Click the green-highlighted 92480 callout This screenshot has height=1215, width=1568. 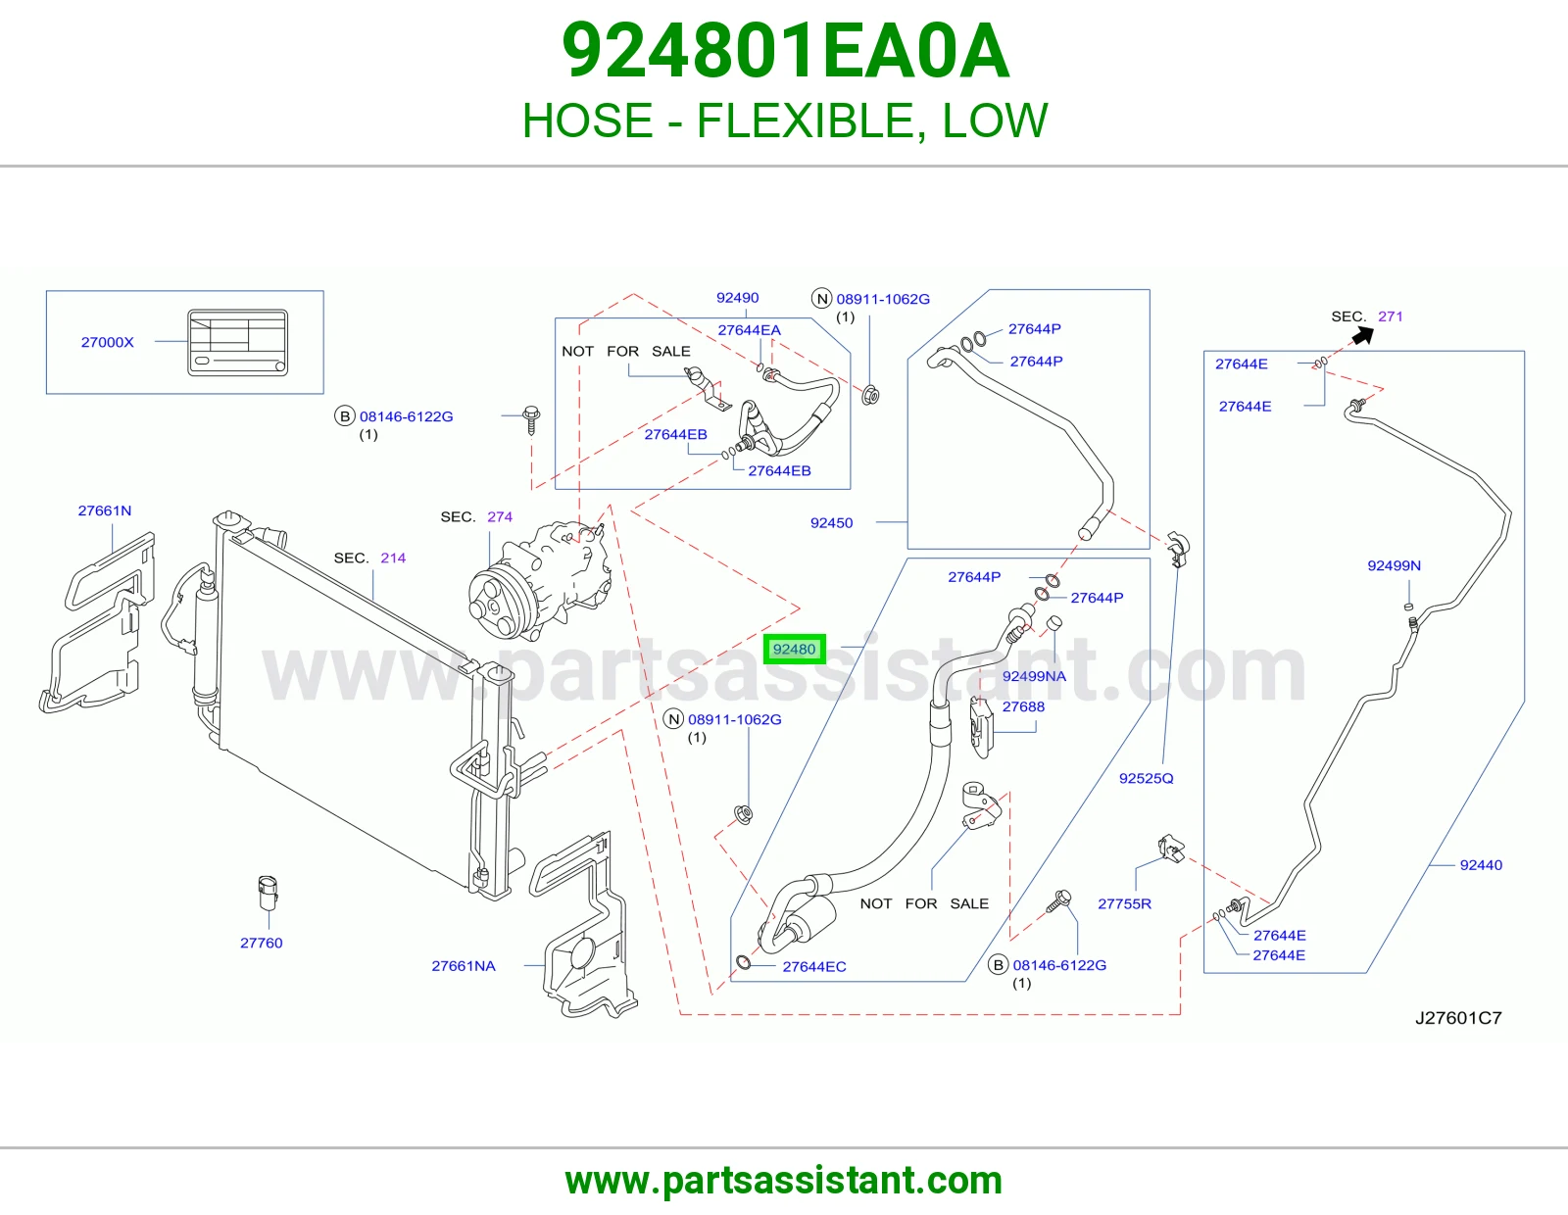pyautogui.click(x=794, y=650)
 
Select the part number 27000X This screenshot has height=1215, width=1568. pyautogui.click(x=108, y=342)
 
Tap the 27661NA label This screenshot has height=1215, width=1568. pyautogui.click(x=464, y=965)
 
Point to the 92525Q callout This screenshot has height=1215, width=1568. pyautogui.click(x=1146, y=778)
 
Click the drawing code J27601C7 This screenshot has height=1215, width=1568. pyautogui.click(x=1457, y=1017)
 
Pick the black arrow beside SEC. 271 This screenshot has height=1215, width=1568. pyautogui.click(x=1362, y=335)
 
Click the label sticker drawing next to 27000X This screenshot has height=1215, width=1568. pyautogui.click(x=237, y=343)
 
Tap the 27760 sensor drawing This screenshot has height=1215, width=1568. pyautogui.click(x=268, y=893)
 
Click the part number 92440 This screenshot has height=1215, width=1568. pyautogui.click(x=1481, y=864)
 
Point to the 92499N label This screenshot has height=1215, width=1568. pyautogui.click(x=1395, y=565)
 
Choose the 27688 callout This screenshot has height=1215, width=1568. pyautogui.click(x=1023, y=706)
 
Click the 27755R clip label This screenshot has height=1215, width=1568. pyautogui.click(x=1124, y=903)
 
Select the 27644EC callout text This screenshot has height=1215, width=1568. pyautogui.click(x=814, y=966)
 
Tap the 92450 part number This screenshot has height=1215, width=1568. pyautogui.click(x=831, y=522)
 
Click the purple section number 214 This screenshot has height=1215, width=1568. pyautogui.click(x=393, y=558)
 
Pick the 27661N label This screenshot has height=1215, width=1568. pyautogui.click(x=105, y=510)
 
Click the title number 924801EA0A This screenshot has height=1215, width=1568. pyautogui.click(x=785, y=51)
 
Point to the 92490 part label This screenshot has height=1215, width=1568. pyautogui.click(x=738, y=297)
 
